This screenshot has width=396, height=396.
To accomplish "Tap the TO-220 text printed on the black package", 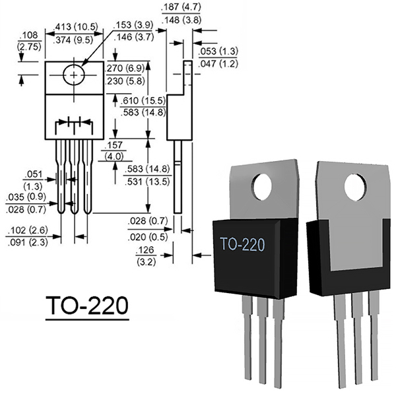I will pyautogui.click(x=242, y=244).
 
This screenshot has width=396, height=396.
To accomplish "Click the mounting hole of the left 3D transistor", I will pyautogui.click(x=263, y=187).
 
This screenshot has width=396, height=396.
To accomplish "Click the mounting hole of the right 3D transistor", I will pyautogui.click(x=356, y=187).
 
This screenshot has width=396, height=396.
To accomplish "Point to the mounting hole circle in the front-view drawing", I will pyautogui.click(x=74, y=75).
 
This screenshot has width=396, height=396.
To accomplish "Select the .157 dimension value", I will pyautogui.click(x=114, y=145).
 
